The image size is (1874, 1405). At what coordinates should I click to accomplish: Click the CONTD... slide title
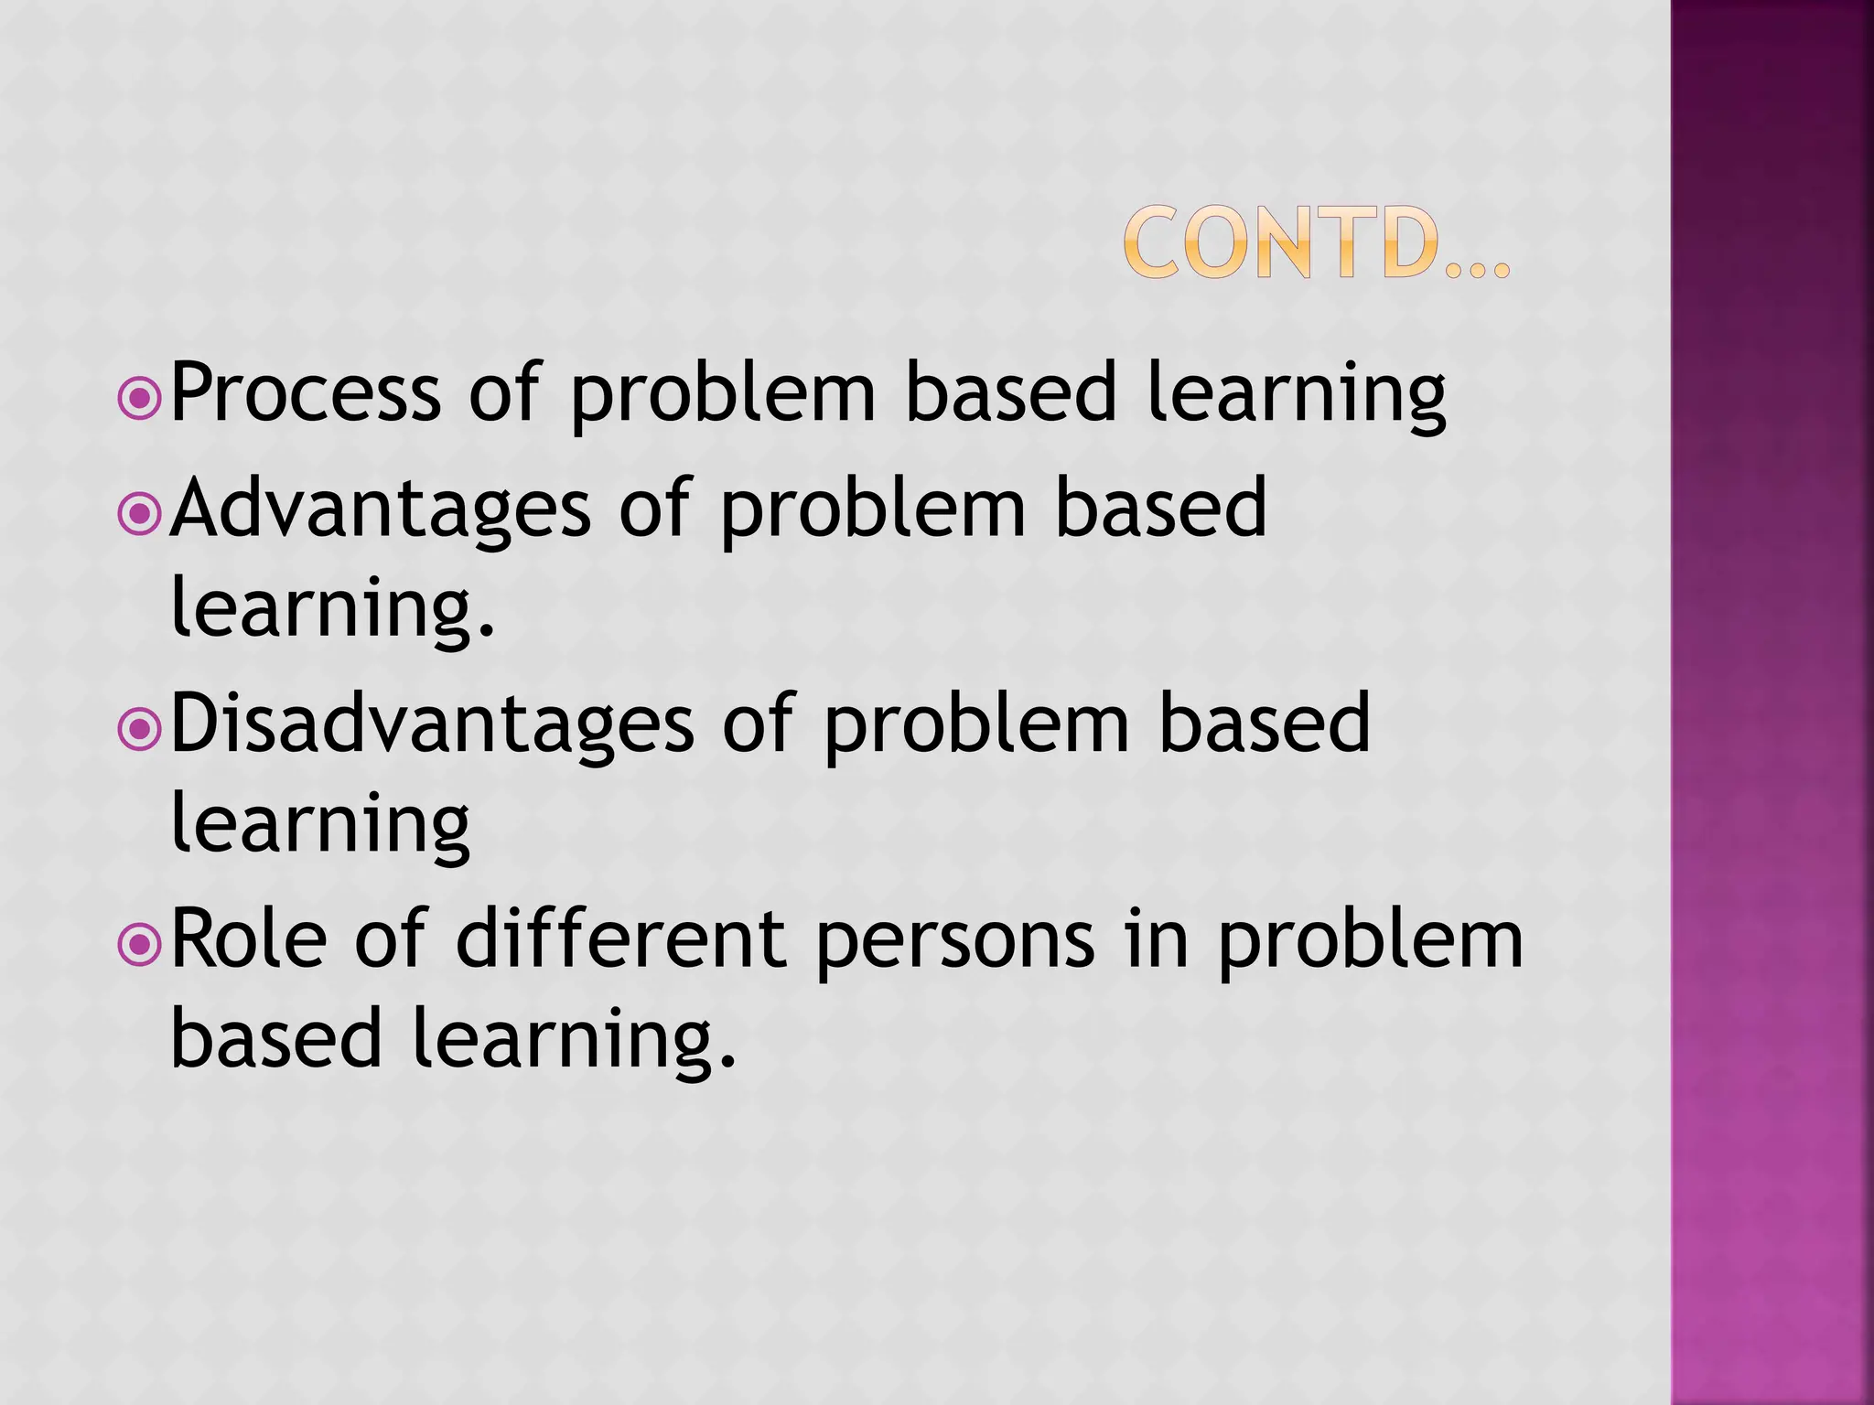tap(1316, 243)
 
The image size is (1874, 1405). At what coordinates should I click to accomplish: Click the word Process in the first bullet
tap(306, 393)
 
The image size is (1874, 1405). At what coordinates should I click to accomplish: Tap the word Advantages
tap(381, 509)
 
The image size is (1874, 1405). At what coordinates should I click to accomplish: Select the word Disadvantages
tap(432, 724)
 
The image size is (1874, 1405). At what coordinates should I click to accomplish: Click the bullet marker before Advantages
tap(140, 515)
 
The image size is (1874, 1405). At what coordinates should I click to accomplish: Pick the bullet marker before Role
tap(140, 945)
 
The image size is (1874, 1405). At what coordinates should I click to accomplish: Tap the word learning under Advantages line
tap(332, 608)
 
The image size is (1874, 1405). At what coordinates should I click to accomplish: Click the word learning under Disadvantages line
tap(320, 823)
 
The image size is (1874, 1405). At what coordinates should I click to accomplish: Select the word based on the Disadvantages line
tap(1264, 724)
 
